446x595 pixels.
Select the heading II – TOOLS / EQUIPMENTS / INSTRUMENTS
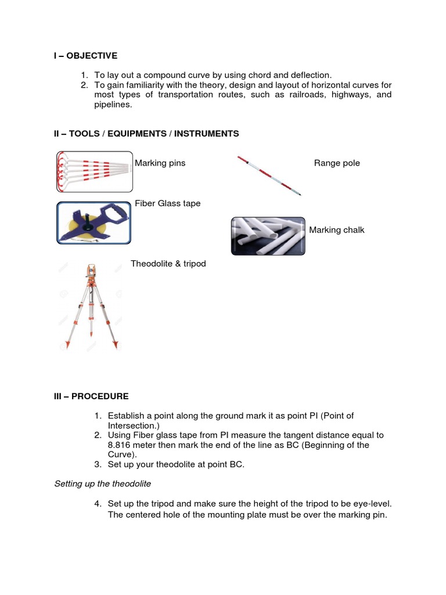tap(146, 134)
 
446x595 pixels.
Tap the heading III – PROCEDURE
tap(91, 396)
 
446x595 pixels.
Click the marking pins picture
tap(93, 171)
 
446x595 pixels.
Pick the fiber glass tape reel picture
tap(93, 222)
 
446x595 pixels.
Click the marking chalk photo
tap(268, 236)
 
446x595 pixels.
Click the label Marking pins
tap(160, 163)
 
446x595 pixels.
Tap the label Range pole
tap(337, 163)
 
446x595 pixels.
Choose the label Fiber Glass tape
tap(167, 203)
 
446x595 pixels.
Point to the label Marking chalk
tap(337, 230)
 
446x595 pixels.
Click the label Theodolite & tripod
tap(168, 264)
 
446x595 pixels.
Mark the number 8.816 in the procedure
tap(121, 445)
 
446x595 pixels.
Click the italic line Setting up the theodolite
tap(102, 483)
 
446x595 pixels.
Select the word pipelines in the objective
tap(113, 105)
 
